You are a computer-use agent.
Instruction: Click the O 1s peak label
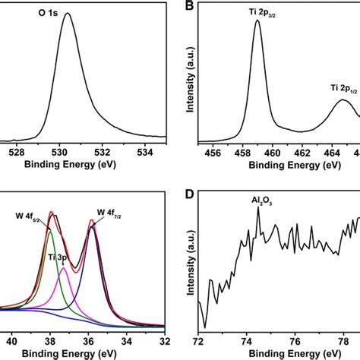pos(48,13)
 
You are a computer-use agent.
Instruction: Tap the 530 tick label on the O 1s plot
pos(60,153)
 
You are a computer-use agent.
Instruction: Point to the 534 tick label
pos(145,153)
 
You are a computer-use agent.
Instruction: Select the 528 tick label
pos(17,153)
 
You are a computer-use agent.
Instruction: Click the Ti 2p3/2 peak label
pos(262,13)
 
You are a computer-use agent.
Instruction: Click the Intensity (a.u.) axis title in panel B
pos(190,80)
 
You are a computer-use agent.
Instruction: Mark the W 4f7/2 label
pos(109,213)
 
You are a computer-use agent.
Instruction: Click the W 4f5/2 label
pos(27,216)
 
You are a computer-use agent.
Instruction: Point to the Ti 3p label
pos(58,257)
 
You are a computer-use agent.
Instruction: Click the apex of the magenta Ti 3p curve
pos(63,268)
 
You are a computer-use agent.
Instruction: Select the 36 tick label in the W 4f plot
pos(88,342)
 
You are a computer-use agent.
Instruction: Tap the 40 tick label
pos(11,342)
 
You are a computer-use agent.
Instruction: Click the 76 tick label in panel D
pos(295,342)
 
